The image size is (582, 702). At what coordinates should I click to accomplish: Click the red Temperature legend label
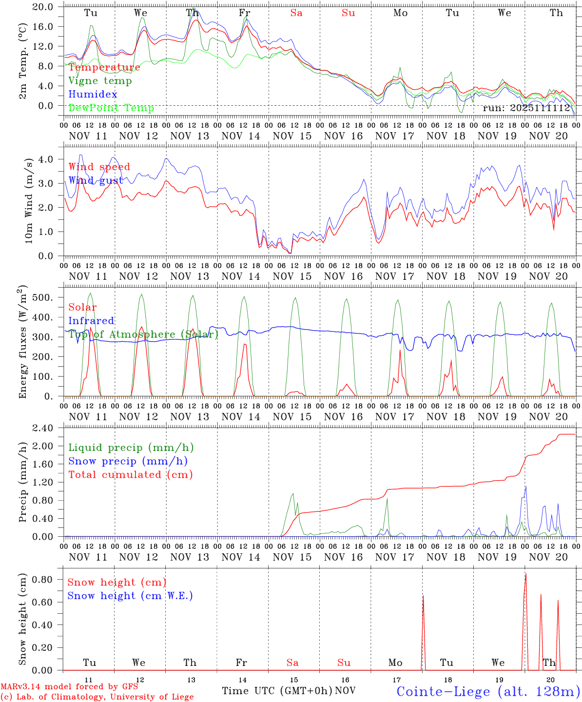pyautogui.click(x=104, y=67)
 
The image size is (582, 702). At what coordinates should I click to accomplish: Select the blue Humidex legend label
pyautogui.click(x=93, y=95)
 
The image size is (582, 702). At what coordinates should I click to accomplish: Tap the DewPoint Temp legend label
pyautogui.click(x=111, y=108)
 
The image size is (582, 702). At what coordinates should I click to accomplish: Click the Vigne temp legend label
pyautogui.click(x=100, y=81)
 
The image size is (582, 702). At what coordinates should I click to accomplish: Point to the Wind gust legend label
pyautogui.click(x=96, y=180)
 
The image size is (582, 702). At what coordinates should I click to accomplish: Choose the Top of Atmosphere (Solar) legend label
pyautogui.click(x=143, y=334)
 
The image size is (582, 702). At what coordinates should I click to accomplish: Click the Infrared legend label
pyautogui.click(x=91, y=321)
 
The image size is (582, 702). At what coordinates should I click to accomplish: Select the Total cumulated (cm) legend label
pyautogui.click(x=130, y=475)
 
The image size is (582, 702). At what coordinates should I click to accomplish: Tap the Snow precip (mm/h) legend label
pyautogui.click(x=128, y=461)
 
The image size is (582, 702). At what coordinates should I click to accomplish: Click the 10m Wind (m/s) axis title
pyautogui.click(x=29, y=200)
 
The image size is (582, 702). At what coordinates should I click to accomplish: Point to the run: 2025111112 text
pyautogui.click(x=526, y=108)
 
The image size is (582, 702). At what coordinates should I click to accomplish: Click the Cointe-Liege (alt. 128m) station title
pyautogui.click(x=488, y=691)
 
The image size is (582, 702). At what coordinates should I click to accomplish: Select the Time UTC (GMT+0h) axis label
pyautogui.click(x=277, y=691)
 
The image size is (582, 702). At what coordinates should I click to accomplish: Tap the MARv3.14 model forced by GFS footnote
pyautogui.click(x=69, y=686)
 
